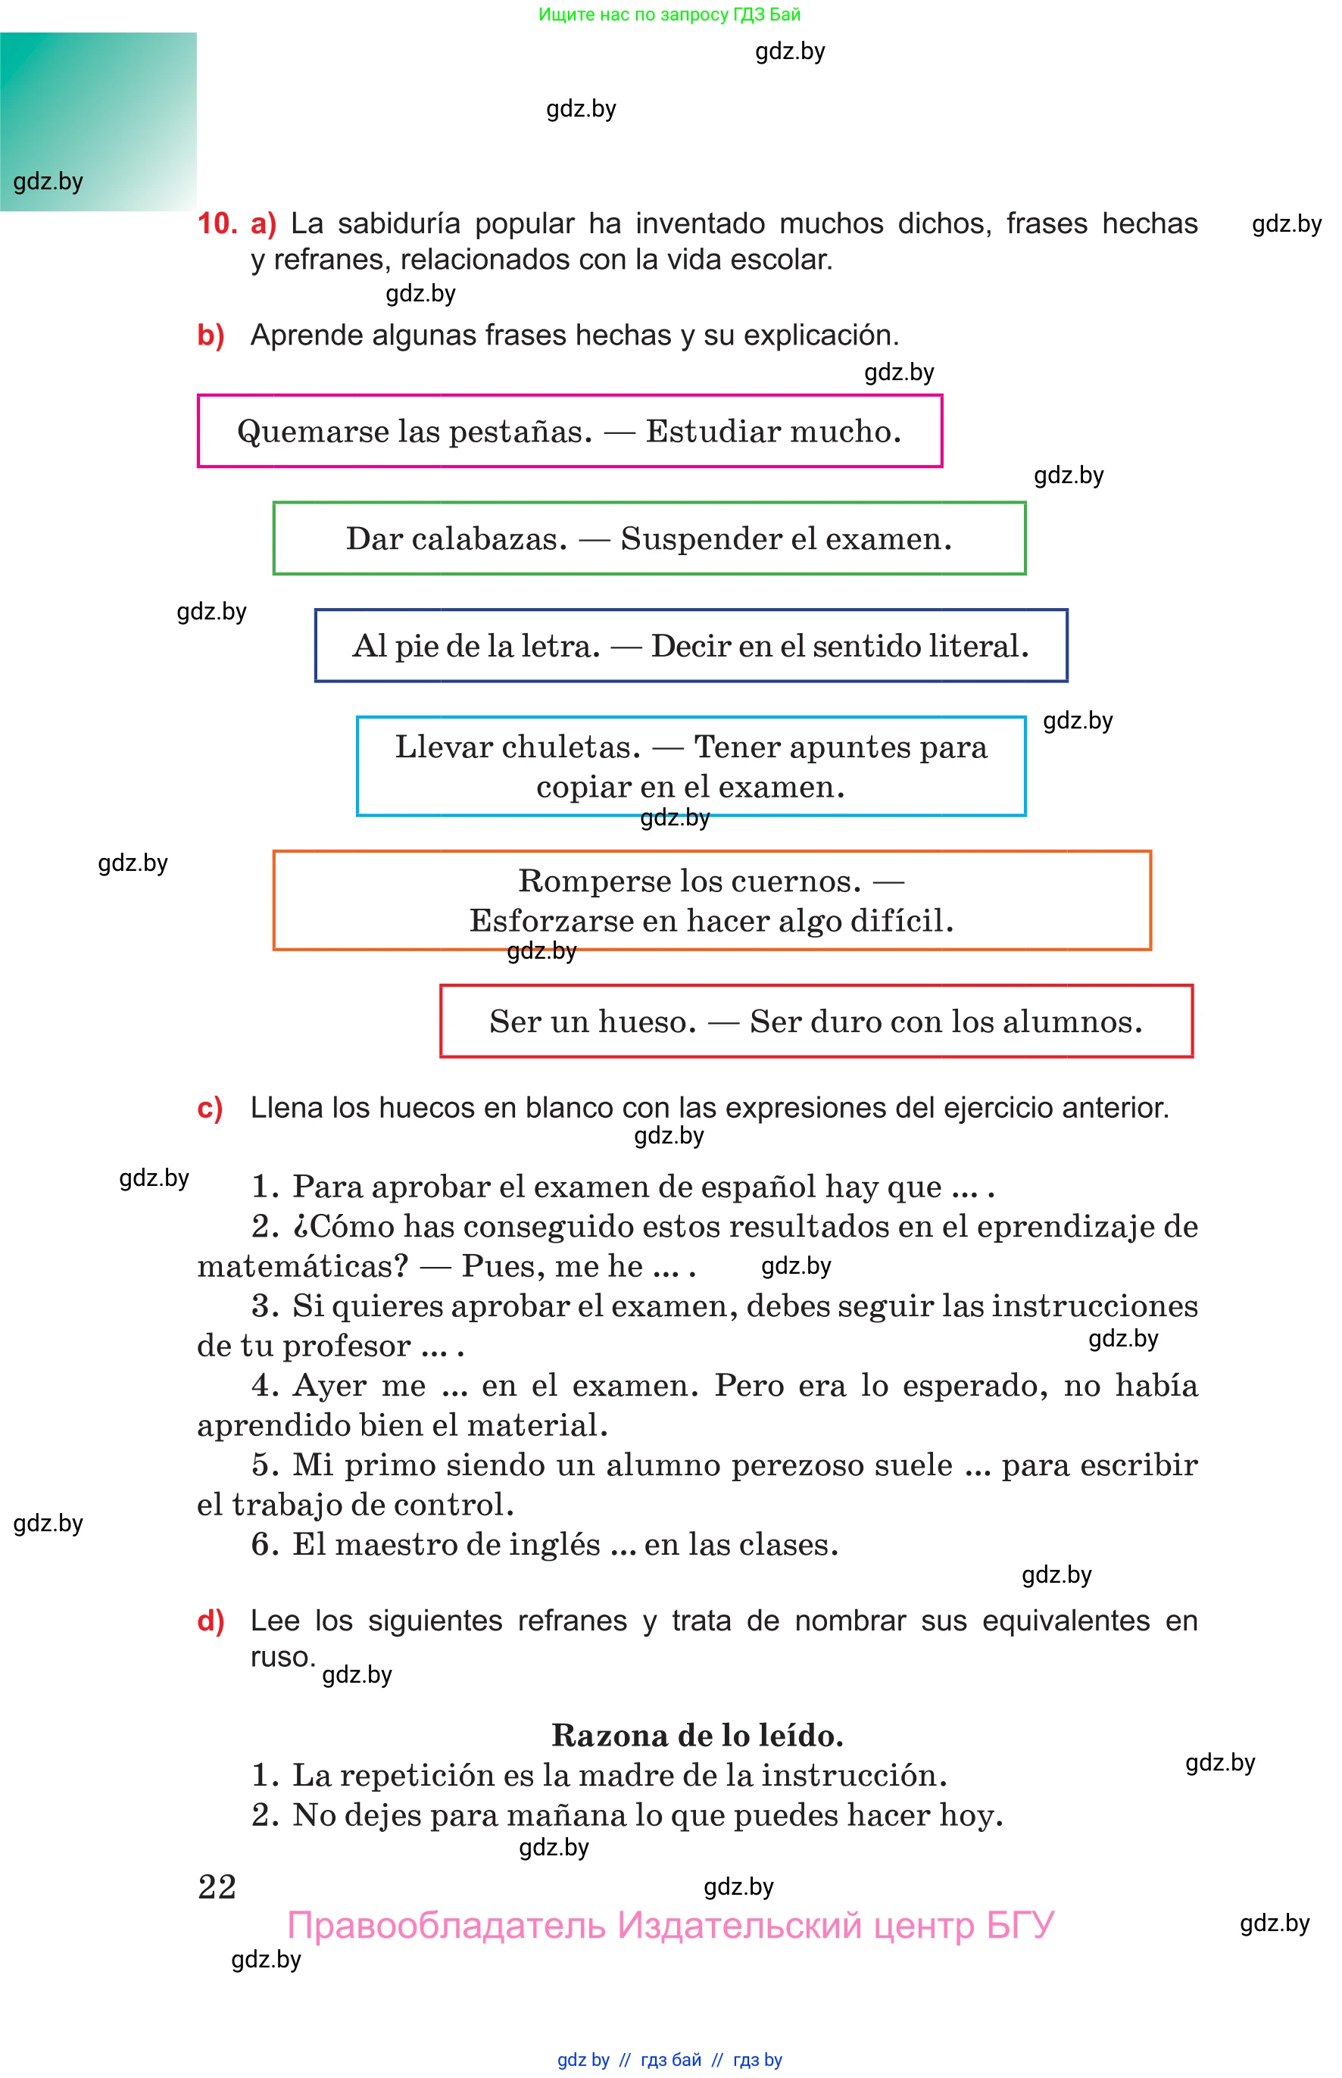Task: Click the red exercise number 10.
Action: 217,224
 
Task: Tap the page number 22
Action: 217,1886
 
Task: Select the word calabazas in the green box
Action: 489,539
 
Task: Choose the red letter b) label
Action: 211,335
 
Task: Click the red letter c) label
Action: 210,1108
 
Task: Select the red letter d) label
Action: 211,1621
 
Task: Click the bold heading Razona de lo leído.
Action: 698,1736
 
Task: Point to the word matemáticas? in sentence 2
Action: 302,1266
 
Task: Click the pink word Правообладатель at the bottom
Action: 446,1926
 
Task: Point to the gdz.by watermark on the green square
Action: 48,182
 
